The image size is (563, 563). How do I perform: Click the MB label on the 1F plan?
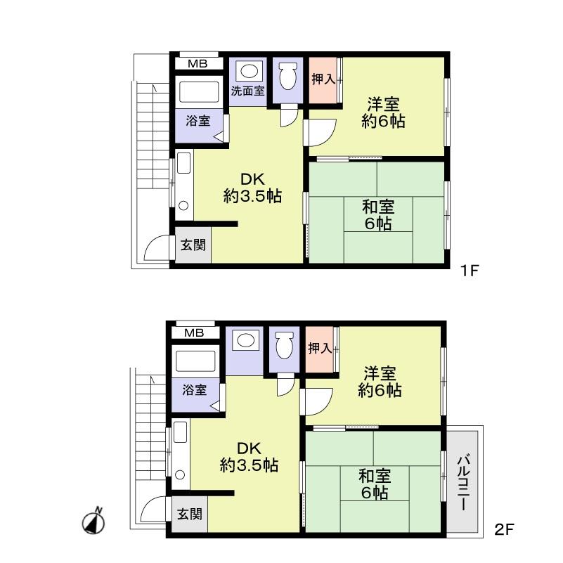[197, 64]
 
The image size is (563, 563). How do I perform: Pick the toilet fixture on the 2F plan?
[284, 345]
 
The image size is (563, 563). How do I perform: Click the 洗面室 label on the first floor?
[248, 91]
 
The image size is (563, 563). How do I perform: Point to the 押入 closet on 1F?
[323, 79]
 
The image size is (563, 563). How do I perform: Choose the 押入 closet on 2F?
[320, 348]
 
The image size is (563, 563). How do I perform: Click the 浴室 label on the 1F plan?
[198, 120]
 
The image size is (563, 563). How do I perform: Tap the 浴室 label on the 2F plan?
[194, 389]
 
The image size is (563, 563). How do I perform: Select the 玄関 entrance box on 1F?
[193, 245]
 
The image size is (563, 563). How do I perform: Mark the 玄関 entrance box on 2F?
[188, 515]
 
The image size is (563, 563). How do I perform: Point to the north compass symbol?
[95, 522]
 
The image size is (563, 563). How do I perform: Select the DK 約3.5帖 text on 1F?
[252, 188]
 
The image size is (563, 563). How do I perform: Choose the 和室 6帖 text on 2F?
[375, 484]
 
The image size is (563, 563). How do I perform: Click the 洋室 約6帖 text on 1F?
[384, 112]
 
